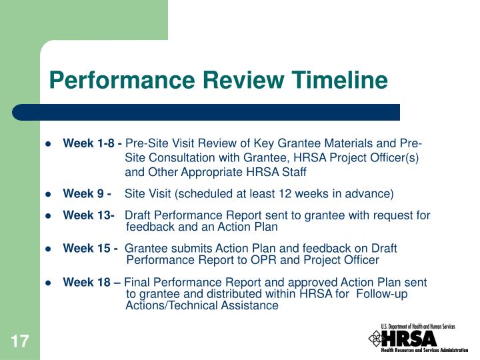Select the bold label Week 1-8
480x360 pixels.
point(91,143)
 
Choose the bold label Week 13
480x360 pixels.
point(88,215)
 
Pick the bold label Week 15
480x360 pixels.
point(89,249)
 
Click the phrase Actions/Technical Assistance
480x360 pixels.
point(201,305)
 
